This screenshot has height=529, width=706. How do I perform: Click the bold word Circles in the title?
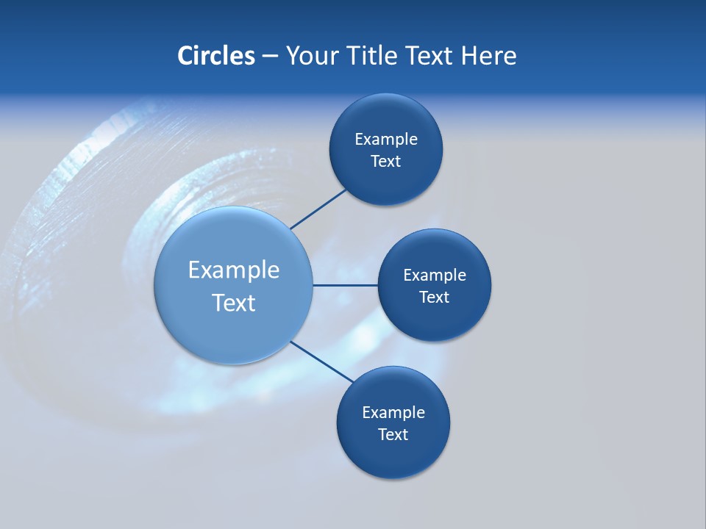[216, 56]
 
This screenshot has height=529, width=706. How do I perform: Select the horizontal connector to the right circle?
[345, 285]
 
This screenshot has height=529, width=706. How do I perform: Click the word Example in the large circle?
[234, 270]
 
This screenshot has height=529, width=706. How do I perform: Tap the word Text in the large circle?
[234, 303]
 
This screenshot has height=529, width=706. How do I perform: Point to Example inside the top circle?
[386, 139]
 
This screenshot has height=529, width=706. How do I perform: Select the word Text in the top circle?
[386, 161]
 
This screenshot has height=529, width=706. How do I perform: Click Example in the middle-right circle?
[435, 275]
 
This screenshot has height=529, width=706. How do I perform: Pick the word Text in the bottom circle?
[393, 434]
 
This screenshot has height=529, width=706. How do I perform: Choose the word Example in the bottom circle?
[393, 412]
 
